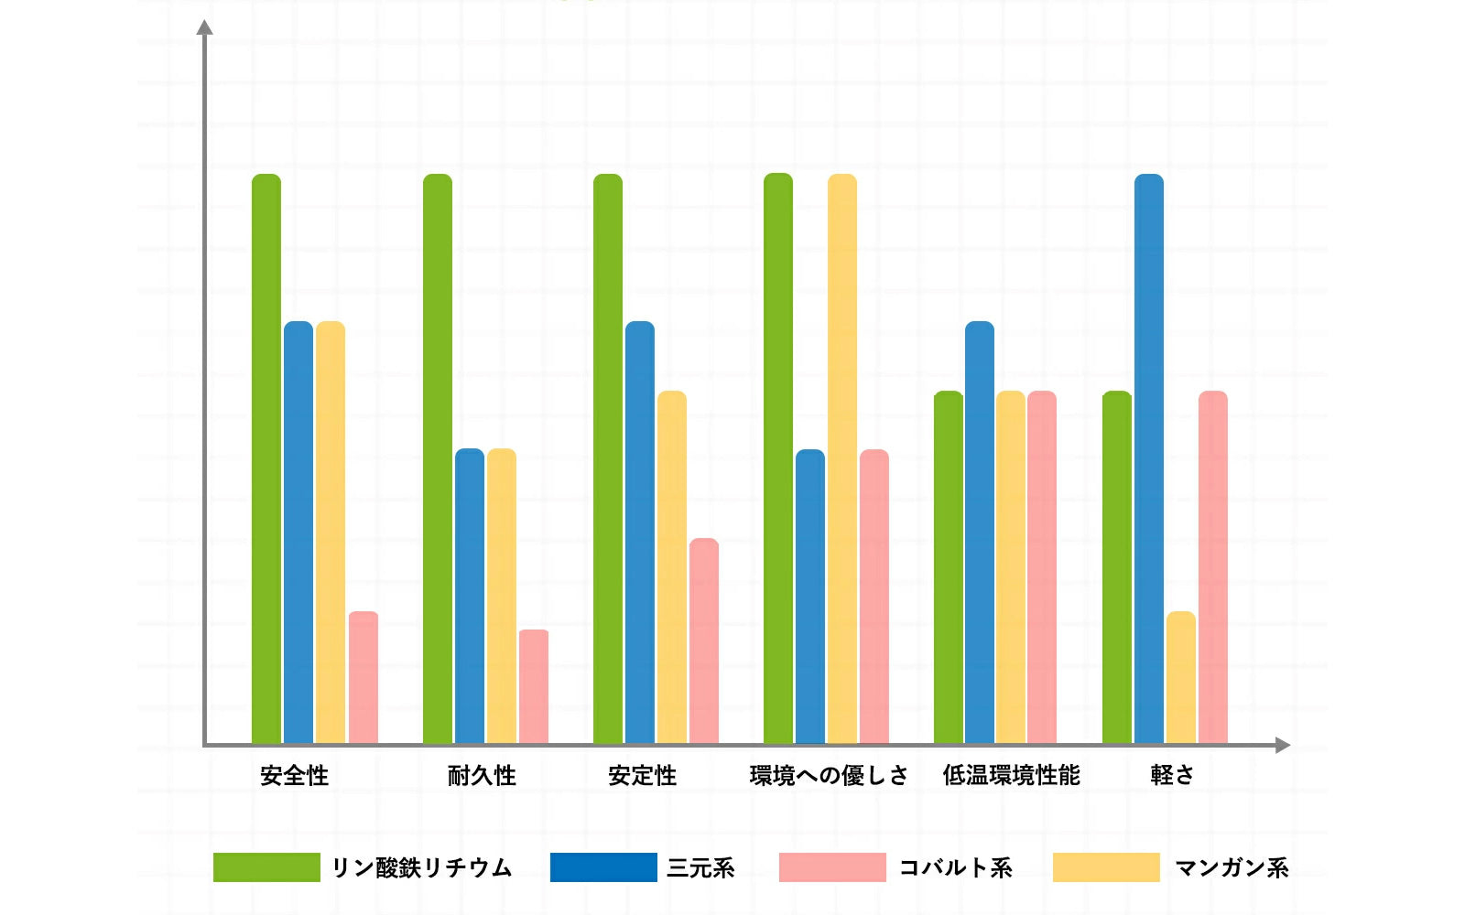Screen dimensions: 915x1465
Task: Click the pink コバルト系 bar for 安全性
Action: coord(364,677)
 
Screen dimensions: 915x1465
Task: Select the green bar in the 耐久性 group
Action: coord(438,457)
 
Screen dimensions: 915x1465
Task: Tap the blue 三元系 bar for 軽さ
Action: coord(1149,457)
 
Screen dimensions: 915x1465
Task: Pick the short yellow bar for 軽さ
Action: coord(1181,677)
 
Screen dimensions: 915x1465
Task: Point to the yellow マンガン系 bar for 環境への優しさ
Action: coord(842,457)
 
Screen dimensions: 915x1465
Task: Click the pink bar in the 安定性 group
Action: coord(704,640)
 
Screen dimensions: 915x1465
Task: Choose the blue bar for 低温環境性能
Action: coord(980,531)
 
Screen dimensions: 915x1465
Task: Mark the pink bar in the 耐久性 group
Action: coord(534,686)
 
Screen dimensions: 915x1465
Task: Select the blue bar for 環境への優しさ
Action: coord(810,595)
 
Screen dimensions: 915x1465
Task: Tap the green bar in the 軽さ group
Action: coord(1117,567)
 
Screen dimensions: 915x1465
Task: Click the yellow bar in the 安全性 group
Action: coord(331,531)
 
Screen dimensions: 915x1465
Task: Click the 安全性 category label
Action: coord(294,776)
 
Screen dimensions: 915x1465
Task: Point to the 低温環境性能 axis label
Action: coord(1012,776)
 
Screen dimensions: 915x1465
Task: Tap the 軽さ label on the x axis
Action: coord(1173,775)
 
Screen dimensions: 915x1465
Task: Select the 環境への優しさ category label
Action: coord(829,776)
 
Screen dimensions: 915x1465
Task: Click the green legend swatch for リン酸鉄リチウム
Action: coord(266,867)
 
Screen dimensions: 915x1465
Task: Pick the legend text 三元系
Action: coord(700,867)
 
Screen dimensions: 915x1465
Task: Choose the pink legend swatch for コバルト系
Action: coord(832,867)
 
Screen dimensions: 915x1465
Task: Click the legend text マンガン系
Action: coord(1232,867)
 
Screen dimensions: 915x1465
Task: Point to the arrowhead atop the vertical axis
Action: coord(205,27)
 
